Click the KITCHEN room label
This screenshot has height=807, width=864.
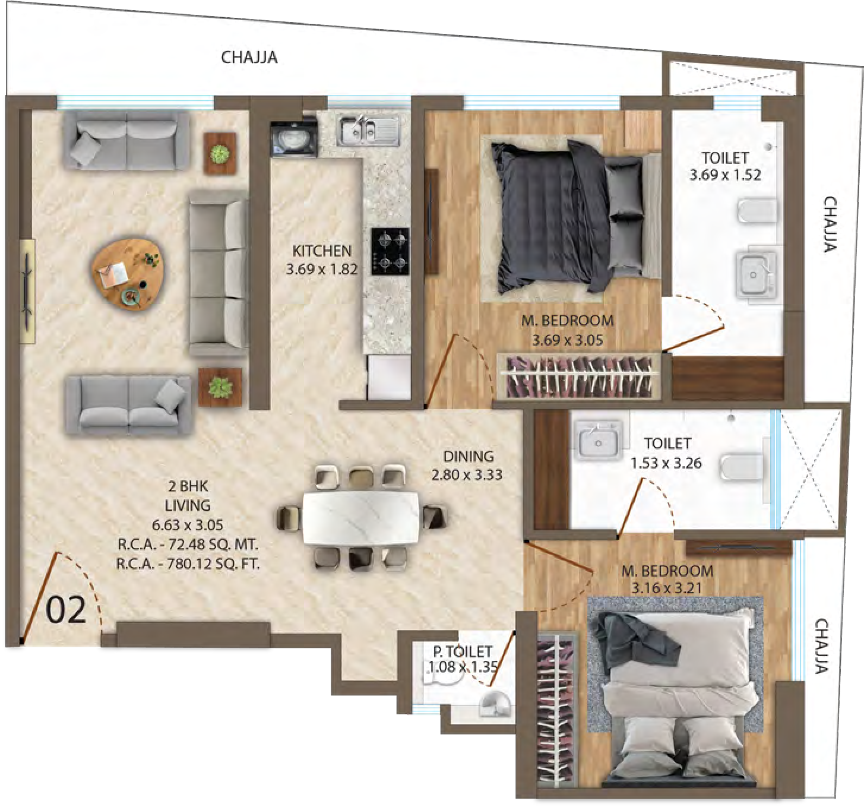321,251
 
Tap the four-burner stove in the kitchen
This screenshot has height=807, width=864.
390,251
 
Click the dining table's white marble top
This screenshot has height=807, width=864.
361,518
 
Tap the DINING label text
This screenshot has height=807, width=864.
468,456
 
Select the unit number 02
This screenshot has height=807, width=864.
66,610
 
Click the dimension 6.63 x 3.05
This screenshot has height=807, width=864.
187,524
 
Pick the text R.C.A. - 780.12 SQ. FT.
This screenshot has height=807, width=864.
188,564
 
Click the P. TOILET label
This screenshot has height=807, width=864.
463,651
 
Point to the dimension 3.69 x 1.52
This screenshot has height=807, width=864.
725,175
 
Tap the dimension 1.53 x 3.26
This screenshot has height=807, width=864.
666,463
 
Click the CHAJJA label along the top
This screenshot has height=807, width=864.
249,57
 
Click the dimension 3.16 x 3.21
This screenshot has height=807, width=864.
666,588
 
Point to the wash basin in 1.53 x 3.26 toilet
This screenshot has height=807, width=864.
599,439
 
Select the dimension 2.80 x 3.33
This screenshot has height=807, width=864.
467,474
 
